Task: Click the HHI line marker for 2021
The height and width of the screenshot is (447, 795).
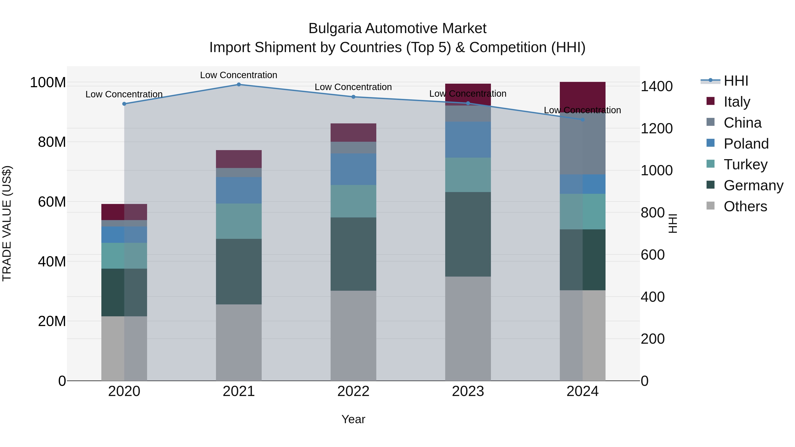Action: tap(238, 85)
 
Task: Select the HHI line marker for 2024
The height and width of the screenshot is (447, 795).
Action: tap(582, 120)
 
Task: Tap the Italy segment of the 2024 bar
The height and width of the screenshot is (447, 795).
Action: tap(582, 96)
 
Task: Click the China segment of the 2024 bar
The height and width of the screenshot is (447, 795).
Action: tap(582, 143)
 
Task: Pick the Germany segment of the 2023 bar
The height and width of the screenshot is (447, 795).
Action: tap(468, 234)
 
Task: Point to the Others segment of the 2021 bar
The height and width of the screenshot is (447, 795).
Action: tap(238, 342)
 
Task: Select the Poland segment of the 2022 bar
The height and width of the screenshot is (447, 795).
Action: tap(353, 169)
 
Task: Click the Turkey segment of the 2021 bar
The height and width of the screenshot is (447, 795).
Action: tap(238, 221)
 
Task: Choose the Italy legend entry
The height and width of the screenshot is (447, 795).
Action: tap(737, 102)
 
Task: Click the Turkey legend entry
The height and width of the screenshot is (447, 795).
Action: tap(745, 164)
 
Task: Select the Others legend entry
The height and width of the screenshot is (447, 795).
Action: tap(745, 206)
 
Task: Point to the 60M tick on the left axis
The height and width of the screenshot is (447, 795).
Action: tap(51, 202)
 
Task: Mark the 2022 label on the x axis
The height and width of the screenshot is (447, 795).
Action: tap(353, 391)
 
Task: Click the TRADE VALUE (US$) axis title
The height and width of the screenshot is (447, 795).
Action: tap(7, 223)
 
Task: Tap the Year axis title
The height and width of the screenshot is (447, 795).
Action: tap(353, 419)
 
